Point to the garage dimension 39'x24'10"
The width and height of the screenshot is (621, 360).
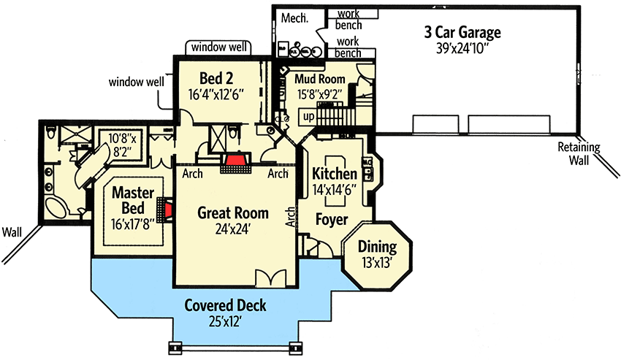(462, 50)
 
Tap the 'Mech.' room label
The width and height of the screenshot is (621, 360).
(294, 17)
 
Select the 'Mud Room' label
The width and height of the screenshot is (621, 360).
(319, 78)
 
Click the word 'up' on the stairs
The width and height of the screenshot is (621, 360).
(309, 117)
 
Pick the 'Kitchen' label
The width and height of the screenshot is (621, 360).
(334, 175)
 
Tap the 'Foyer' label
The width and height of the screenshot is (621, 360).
(330, 219)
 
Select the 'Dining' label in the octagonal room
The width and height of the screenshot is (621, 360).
(377, 247)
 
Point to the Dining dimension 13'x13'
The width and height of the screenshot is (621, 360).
(377, 263)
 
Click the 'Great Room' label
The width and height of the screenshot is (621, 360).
(233, 213)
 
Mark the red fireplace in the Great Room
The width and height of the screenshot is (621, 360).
(236, 161)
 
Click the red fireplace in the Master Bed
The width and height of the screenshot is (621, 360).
(169, 212)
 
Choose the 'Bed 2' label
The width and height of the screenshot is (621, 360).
(216, 78)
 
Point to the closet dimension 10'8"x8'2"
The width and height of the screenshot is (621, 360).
(123, 142)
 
